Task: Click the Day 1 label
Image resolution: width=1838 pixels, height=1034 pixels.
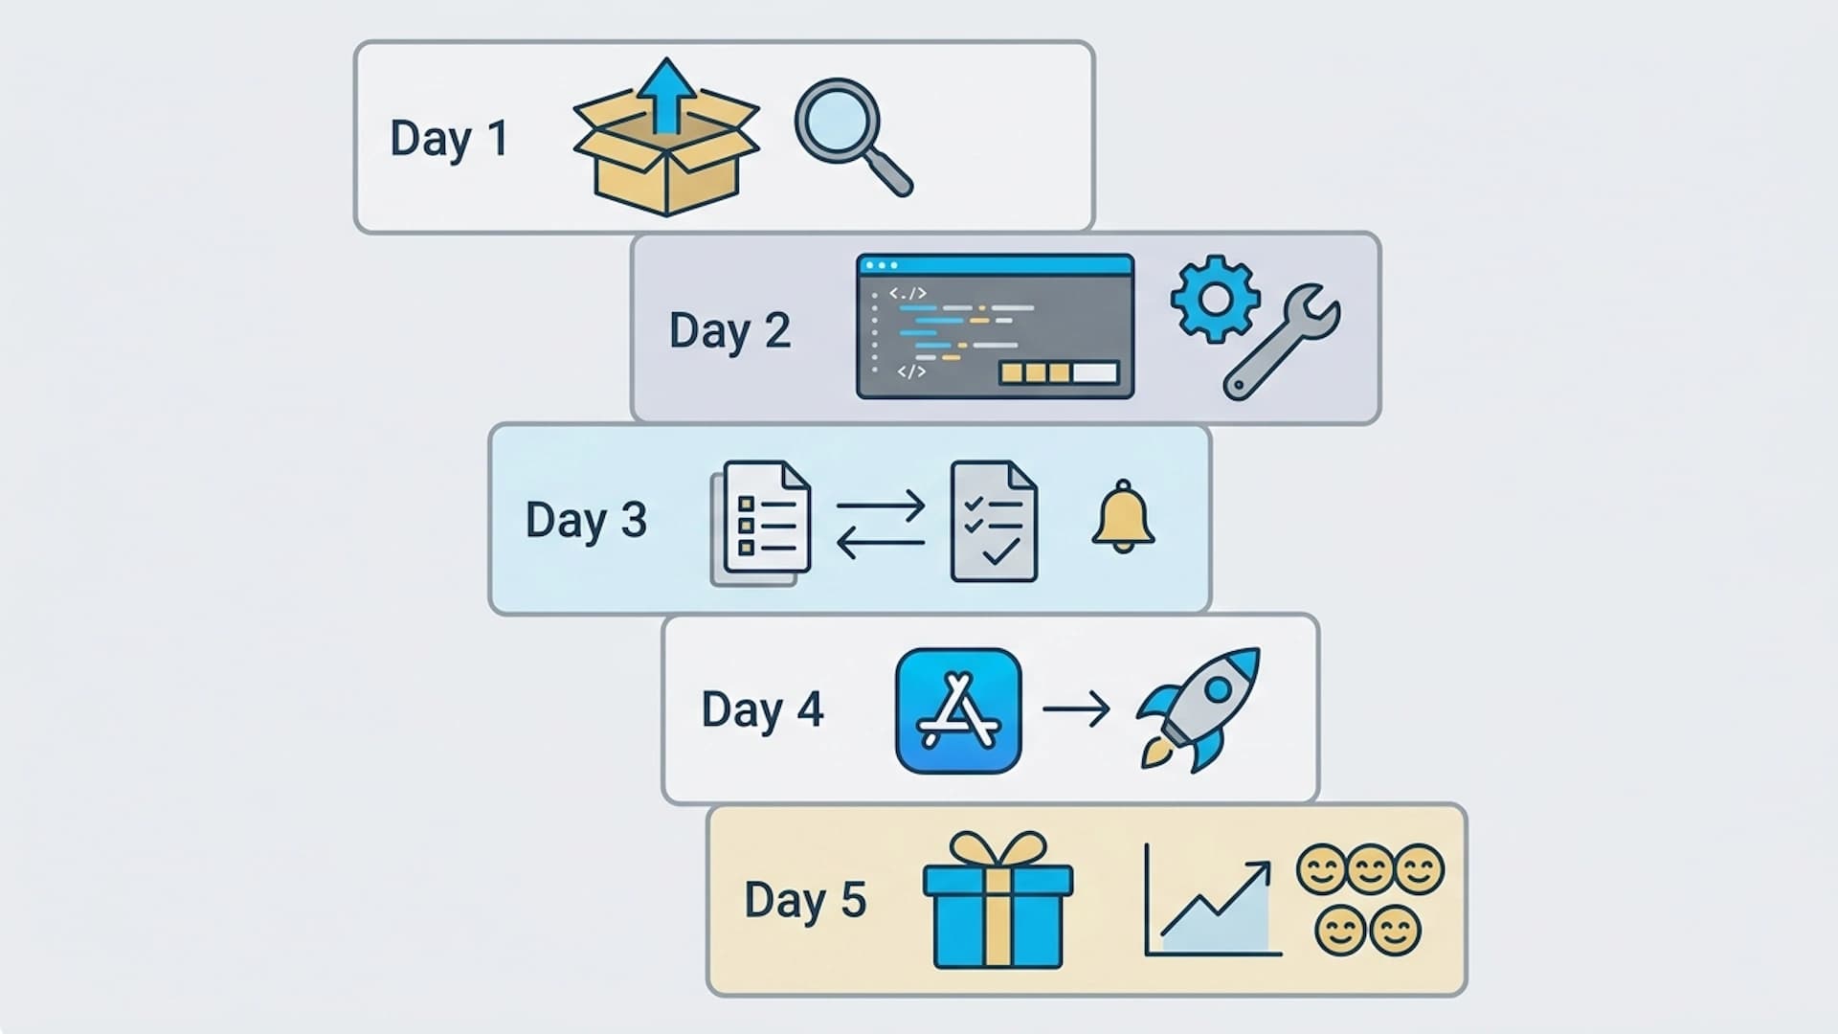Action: pos(448,140)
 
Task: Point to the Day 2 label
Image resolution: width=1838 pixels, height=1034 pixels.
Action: pos(729,331)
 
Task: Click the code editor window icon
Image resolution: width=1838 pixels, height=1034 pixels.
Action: pos(995,326)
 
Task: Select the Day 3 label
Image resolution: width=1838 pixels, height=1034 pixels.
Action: pos(586,521)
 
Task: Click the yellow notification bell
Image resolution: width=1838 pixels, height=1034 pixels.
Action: pos(1123,517)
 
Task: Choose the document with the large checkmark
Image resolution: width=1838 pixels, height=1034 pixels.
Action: pos(994,522)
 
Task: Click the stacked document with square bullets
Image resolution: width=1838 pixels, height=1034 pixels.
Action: pos(762,523)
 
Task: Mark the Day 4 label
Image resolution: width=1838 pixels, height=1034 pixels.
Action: pos(762,710)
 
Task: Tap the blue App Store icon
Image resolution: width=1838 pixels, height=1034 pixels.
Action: pos(958,710)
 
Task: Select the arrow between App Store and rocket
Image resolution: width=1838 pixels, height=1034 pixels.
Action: pos(1076,709)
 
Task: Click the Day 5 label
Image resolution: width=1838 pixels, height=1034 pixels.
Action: pos(805,901)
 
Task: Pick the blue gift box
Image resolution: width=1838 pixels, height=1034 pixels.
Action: pos(997,914)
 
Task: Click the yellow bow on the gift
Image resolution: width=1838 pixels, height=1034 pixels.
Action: pos(997,849)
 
